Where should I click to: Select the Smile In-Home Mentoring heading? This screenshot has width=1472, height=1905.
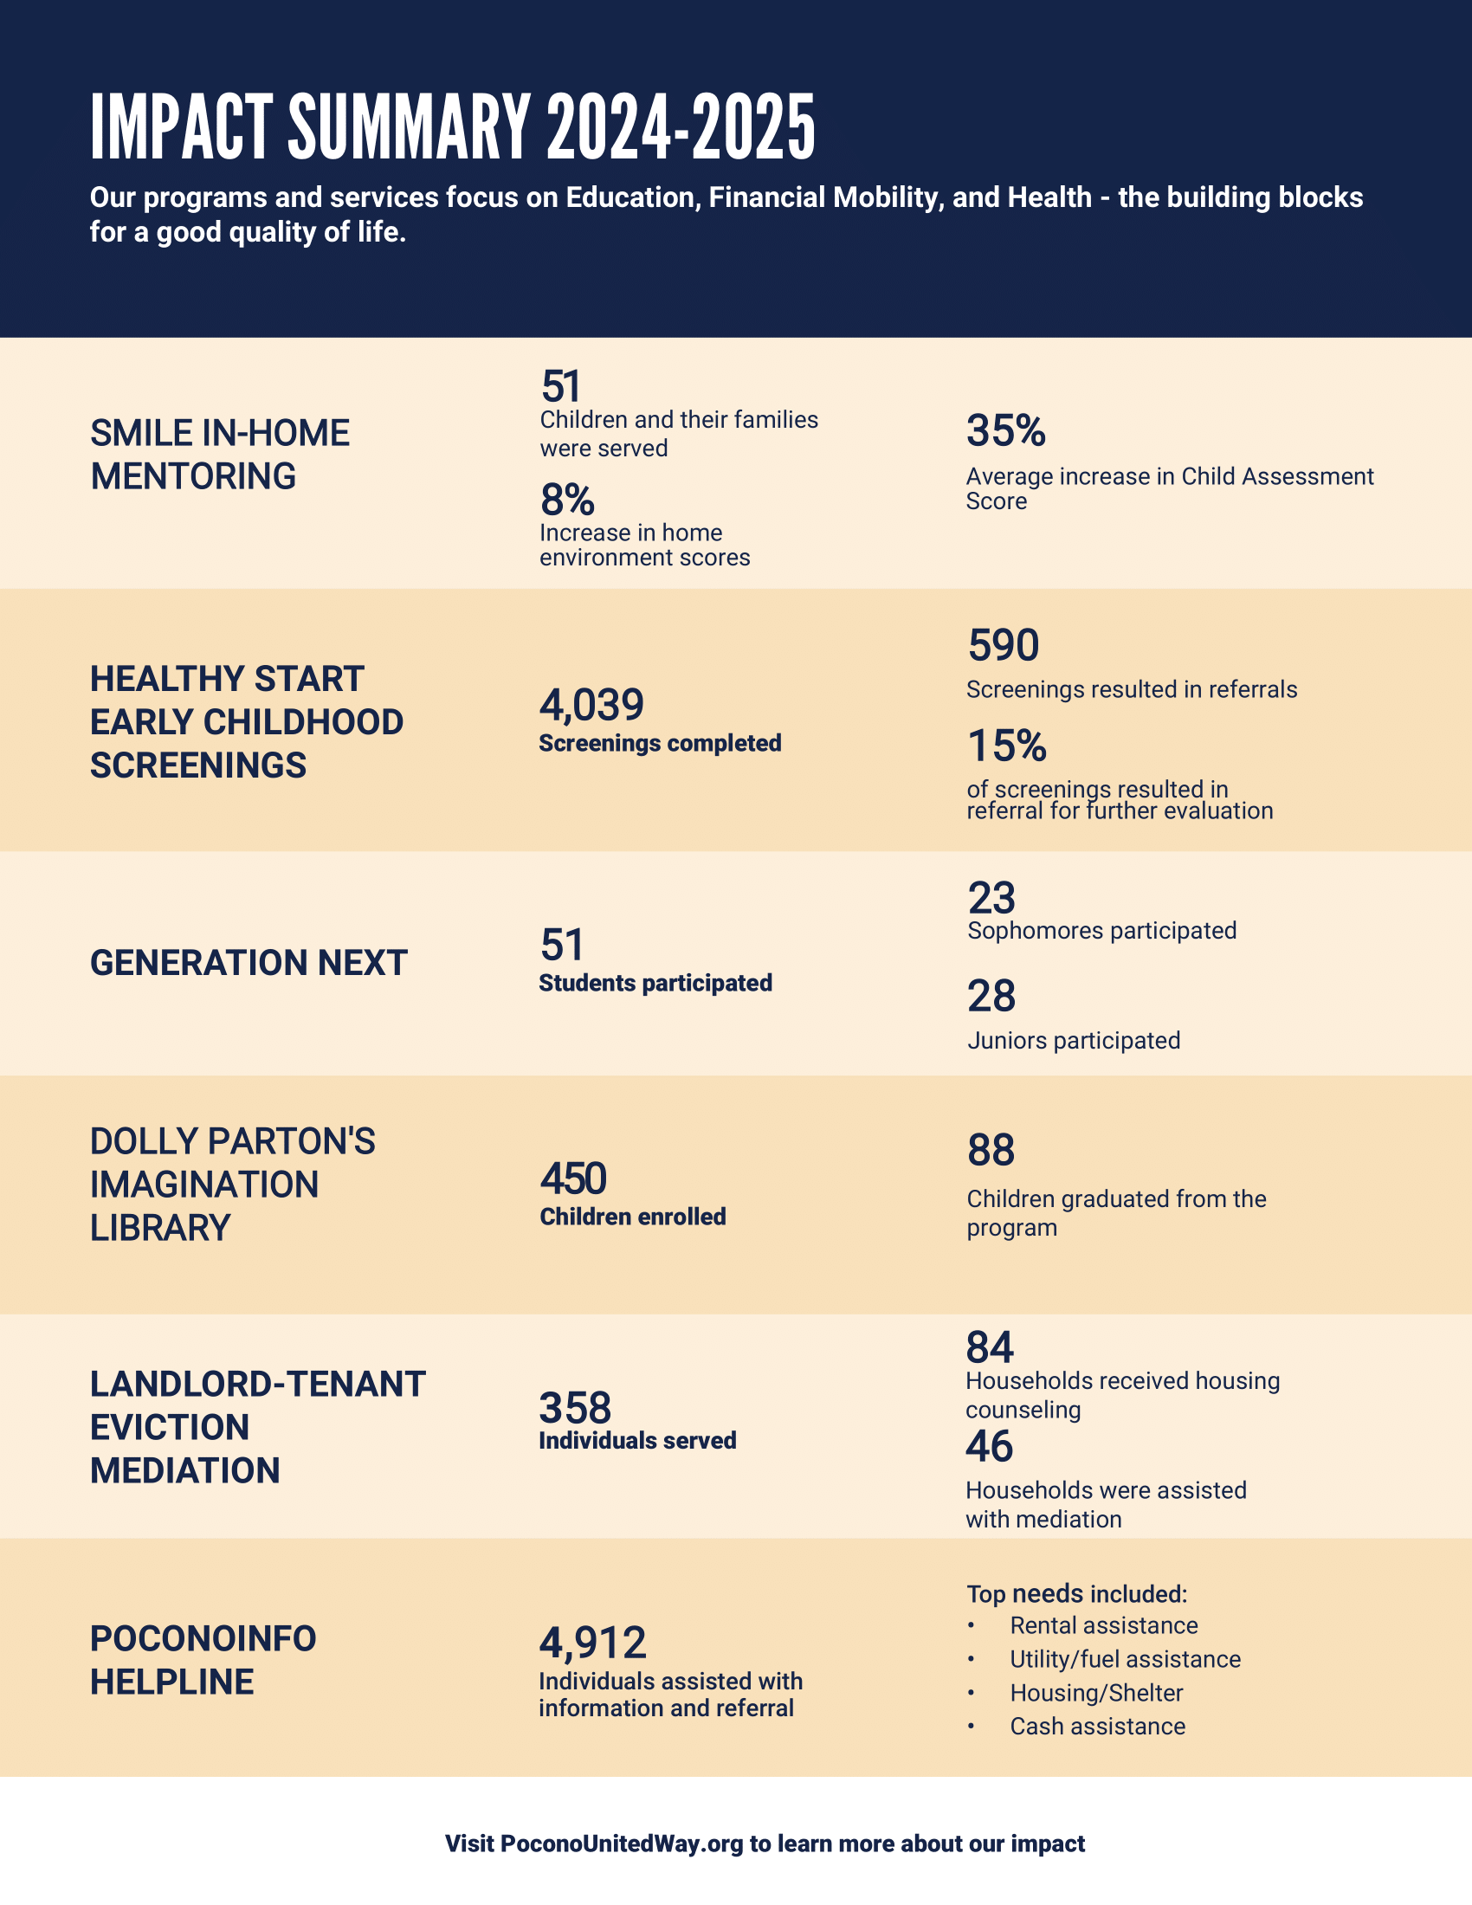coord(220,455)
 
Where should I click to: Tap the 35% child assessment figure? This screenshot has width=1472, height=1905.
coord(1005,431)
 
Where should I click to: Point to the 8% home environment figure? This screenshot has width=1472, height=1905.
coord(567,500)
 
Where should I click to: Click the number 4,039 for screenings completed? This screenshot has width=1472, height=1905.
coord(591,705)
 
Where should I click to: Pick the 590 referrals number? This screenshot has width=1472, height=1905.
coord(1003,646)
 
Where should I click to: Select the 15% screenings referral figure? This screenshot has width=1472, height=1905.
coord(1006,746)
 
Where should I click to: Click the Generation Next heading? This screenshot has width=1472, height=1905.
coord(249,963)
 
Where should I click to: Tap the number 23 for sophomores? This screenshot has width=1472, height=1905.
coord(991,899)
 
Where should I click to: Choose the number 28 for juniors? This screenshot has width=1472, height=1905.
coord(991,996)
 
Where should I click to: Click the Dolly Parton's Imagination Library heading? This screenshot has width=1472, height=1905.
coord(233,1185)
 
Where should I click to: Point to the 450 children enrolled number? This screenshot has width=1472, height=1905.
coord(573,1179)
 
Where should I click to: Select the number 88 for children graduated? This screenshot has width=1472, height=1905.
coord(991,1151)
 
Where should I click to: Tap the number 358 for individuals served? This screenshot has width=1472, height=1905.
coord(575,1408)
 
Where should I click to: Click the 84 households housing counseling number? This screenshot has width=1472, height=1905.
coord(990,1347)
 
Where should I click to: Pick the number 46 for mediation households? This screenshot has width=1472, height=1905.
coord(989,1446)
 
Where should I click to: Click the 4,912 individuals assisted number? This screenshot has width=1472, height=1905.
coord(593,1643)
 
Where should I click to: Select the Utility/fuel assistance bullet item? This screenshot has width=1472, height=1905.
coord(1125,1659)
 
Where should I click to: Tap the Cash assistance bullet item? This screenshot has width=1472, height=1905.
coord(1097,1726)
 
